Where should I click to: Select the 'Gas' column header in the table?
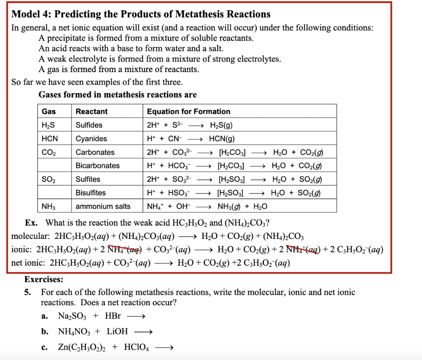click(49, 112)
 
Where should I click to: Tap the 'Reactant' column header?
click(91, 112)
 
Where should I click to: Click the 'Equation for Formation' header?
click(188, 112)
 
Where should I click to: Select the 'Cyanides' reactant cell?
click(91, 139)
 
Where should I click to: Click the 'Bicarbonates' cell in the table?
click(97, 166)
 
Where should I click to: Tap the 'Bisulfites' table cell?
click(90, 193)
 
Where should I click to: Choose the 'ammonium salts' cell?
click(103, 206)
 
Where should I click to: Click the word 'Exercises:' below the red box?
click(44, 280)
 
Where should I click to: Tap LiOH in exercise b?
click(117, 332)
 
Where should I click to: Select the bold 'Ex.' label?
click(31, 223)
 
